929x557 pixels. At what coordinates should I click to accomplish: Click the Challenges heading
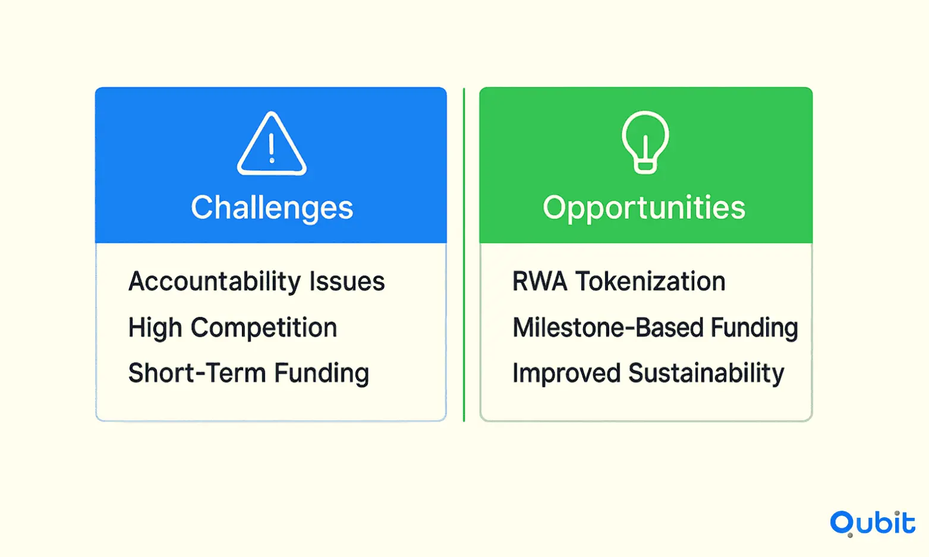272,208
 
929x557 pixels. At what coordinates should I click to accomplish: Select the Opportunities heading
644,208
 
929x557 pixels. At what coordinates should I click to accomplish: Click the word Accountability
215,282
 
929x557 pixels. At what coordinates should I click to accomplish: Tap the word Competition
264,328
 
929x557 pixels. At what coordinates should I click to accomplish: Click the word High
155,328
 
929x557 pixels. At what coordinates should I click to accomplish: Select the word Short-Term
197,373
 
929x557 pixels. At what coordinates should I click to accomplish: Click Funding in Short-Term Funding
322,374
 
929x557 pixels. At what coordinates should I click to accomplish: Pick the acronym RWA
540,281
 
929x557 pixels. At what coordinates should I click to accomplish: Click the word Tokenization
650,281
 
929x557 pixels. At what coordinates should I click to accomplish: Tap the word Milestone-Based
608,327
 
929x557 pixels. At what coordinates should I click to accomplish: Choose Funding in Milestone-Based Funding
755,328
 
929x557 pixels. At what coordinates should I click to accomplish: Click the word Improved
566,374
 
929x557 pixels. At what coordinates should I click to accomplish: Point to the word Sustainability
706,374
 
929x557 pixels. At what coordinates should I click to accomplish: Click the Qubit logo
873,523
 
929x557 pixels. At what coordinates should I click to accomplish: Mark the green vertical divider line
464,255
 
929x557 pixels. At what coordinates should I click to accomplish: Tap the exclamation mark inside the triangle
272,148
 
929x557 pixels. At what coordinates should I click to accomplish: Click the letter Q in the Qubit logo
842,524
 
